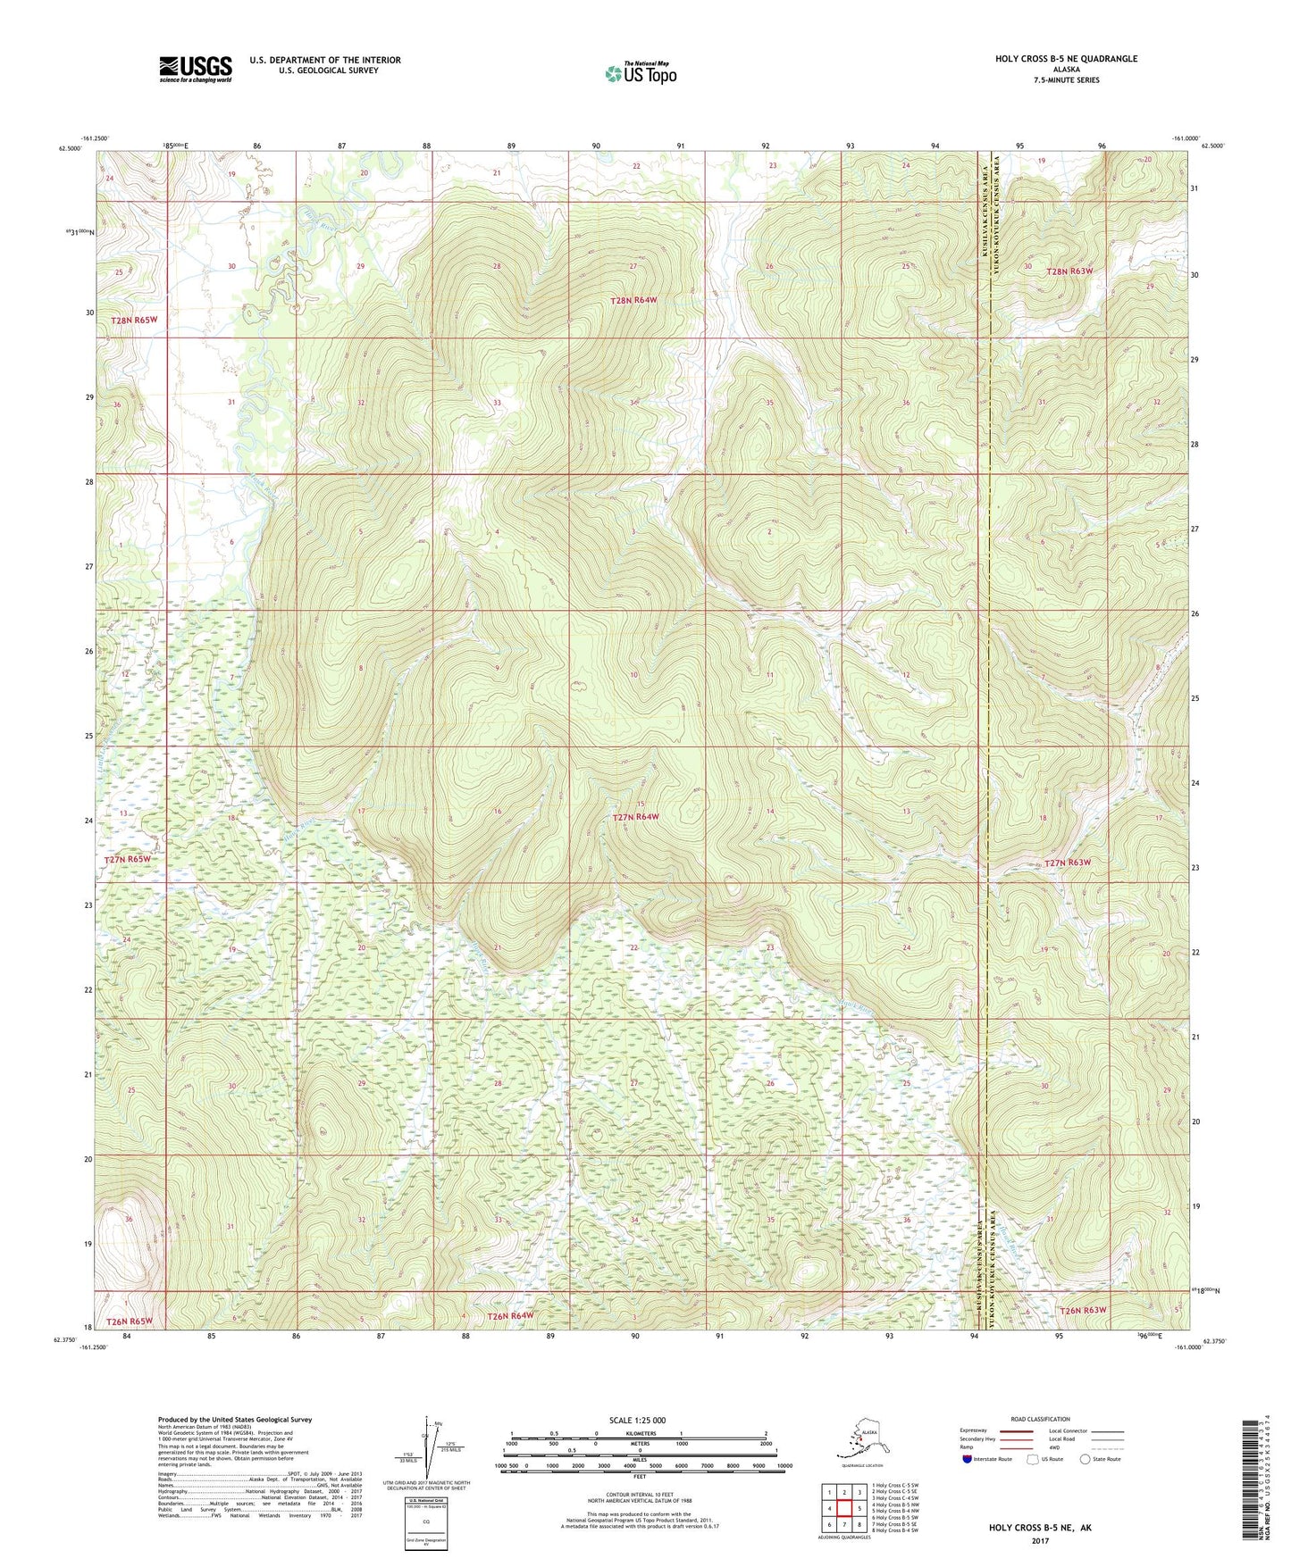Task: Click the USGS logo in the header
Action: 195,68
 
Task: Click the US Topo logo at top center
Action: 640,73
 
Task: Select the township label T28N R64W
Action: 633,301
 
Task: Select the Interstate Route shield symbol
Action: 968,1459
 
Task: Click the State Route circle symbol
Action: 1086,1459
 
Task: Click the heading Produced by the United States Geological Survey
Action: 234,1419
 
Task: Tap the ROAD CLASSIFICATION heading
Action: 1041,1419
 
